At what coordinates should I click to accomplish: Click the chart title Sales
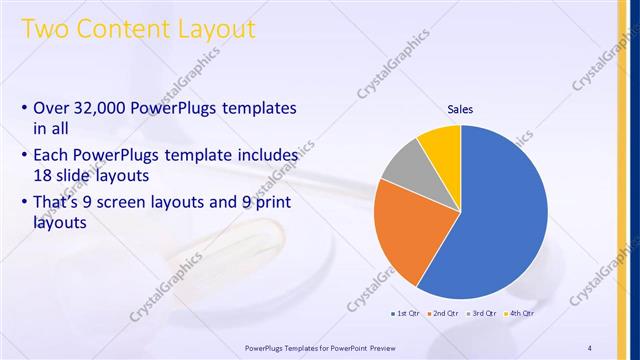460,109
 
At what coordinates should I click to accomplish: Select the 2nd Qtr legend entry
447,314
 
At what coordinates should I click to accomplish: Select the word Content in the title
124,29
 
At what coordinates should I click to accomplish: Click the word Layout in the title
218,29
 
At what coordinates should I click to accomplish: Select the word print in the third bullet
276,201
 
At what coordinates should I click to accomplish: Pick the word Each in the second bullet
53,156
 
